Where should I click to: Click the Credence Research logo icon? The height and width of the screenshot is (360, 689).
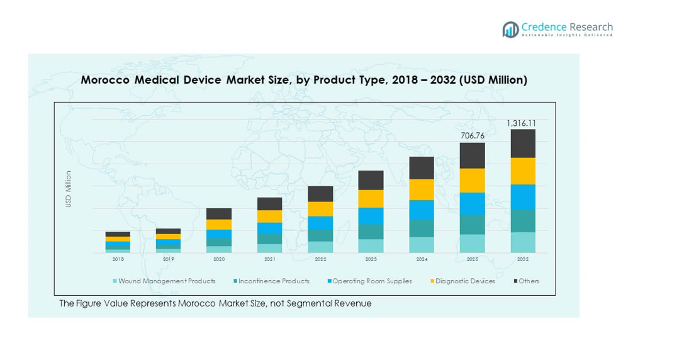pyautogui.click(x=510, y=29)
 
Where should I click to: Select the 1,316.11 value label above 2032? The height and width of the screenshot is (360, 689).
pyautogui.click(x=522, y=123)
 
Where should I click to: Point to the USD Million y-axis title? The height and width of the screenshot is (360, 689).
pyautogui.click(x=69, y=189)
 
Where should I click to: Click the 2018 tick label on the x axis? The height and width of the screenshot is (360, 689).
pyautogui.click(x=118, y=259)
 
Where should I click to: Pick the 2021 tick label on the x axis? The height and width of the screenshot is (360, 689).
pyautogui.click(x=269, y=259)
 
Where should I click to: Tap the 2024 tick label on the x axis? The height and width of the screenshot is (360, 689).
pyautogui.click(x=421, y=259)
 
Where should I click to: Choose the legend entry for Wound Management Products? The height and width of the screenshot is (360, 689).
pyautogui.click(x=164, y=281)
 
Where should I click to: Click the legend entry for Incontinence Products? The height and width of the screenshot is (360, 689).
pyautogui.click(x=271, y=281)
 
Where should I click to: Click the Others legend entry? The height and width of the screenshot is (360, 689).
pyautogui.click(x=527, y=281)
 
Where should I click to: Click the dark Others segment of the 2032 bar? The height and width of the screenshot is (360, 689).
pyautogui.click(x=522, y=143)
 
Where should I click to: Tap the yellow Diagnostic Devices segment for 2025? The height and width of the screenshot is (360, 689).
pyautogui.click(x=472, y=181)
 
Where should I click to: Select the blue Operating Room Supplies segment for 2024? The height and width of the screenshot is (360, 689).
pyautogui.click(x=422, y=210)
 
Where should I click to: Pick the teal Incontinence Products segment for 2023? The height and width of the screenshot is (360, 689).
pyautogui.click(x=371, y=232)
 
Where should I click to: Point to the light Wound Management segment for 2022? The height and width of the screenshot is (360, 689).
pyautogui.click(x=320, y=247)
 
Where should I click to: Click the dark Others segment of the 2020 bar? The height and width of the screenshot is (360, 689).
pyautogui.click(x=219, y=214)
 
